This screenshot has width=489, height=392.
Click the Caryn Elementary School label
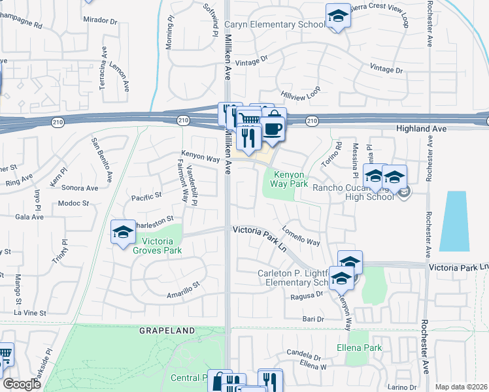(x=275, y=25)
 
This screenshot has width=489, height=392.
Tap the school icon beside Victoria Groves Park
(x=122, y=233)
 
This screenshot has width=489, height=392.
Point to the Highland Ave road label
(x=421, y=129)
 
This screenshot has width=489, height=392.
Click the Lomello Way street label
(x=301, y=235)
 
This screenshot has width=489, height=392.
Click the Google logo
(x=22, y=384)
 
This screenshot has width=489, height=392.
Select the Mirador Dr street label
(x=101, y=21)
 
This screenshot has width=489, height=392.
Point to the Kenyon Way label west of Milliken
(x=201, y=159)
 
